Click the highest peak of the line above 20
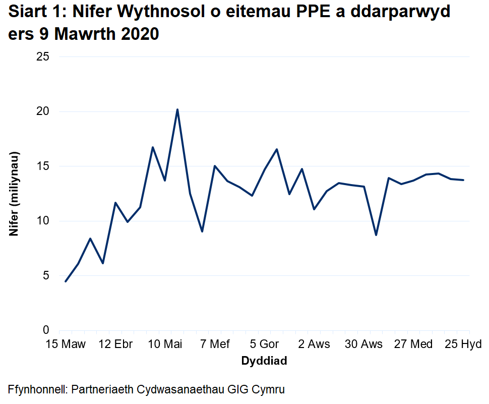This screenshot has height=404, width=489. tap(177, 109)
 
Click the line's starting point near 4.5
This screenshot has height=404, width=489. tap(66, 281)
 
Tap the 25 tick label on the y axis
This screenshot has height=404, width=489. tap(43, 56)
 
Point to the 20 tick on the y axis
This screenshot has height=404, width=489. tap(43, 111)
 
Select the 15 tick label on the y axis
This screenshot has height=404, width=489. tap(43, 166)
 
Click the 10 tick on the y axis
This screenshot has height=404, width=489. tap(43, 221)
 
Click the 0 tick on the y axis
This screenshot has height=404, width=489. tap(46, 330)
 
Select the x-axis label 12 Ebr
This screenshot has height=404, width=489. tap(116, 344)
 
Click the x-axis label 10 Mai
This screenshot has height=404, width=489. tap(165, 344)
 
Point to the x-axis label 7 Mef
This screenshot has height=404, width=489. tap(215, 344)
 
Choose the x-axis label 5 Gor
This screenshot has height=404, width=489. tap(265, 344)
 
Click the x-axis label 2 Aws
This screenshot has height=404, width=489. tap(314, 344)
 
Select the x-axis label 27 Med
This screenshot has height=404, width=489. tap(413, 344)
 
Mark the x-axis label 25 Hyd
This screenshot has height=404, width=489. tap(463, 344)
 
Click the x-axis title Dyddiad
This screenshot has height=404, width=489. tap(264, 361)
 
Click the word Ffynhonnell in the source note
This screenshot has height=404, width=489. tap(37, 389)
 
